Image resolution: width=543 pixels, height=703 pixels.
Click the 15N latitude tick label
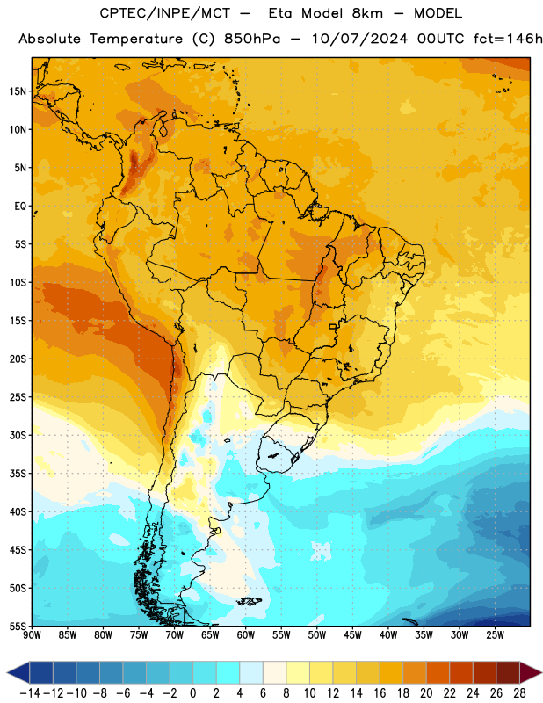[x=18, y=91]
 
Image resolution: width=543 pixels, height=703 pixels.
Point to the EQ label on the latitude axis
[x=20, y=207]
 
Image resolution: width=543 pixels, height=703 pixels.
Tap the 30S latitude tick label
[x=18, y=435]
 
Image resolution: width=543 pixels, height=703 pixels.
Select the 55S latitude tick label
[x=18, y=626]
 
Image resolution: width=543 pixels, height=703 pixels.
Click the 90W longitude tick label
[x=32, y=635]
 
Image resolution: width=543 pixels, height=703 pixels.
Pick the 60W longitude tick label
[x=246, y=635]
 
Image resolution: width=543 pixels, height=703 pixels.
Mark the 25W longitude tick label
[x=495, y=635]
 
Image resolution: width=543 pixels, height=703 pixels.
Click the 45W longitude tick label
[x=352, y=635]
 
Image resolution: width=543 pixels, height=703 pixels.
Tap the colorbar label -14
[x=30, y=693]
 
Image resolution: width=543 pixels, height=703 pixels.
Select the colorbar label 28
[x=519, y=693]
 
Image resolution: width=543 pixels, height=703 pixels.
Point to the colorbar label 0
[x=192, y=693]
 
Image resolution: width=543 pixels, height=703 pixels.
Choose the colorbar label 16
[x=380, y=693]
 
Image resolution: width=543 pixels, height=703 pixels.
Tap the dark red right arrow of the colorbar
[x=531, y=672]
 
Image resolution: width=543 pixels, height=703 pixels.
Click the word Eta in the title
[x=280, y=13]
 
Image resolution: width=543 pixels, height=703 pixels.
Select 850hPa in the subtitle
[x=252, y=39]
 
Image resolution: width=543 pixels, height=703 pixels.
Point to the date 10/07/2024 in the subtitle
[x=359, y=39]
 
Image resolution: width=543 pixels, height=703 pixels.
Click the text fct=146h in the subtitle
[x=508, y=39]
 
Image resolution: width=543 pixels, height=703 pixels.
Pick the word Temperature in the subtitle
[x=136, y=40]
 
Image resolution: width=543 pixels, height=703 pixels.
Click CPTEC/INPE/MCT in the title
[x=165, y=13]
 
